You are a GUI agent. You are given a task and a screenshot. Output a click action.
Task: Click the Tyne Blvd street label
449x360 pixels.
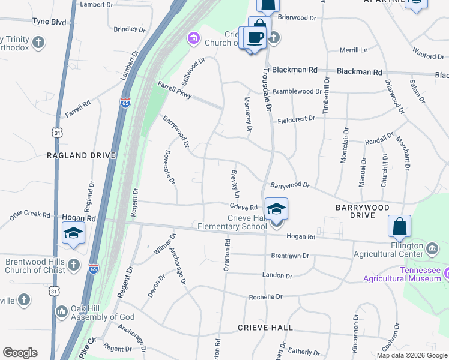click(49, 21)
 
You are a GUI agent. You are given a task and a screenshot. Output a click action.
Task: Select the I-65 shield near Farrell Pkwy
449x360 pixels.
click(125, 103)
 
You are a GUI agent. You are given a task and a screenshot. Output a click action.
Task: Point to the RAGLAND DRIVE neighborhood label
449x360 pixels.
click(80, 155)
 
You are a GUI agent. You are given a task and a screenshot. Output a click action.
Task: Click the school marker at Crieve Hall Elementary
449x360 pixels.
click(276, 210)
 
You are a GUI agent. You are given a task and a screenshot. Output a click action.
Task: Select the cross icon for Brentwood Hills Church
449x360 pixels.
click(73, 264)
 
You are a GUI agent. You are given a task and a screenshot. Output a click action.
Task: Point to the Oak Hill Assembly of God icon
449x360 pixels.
click(61, 311)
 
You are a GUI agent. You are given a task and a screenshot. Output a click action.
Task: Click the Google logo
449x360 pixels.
click(20, 353)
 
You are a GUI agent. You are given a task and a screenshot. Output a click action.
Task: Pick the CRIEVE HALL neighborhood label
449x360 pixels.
click(265, 328)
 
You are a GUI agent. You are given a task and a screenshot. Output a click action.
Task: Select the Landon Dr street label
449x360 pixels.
click(277, 276)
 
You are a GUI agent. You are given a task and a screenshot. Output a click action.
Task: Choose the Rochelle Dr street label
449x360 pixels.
click(265, 297)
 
